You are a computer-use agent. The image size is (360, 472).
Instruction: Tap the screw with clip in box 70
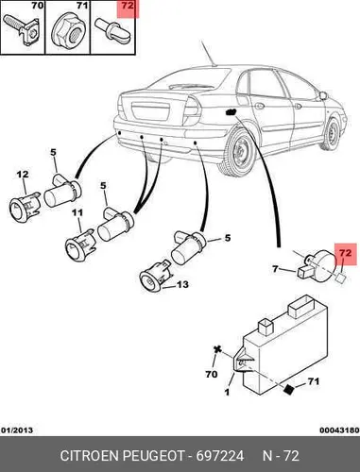coord(22,29)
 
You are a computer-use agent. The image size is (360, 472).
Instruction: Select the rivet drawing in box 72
coord(112,28)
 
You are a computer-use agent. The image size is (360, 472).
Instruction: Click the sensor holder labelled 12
coord(25,207)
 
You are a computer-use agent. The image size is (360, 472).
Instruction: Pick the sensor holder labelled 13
coord(156,276)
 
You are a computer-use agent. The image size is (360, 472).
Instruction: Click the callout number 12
coord(23,174)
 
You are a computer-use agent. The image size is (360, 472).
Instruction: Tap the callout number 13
coord(182,284)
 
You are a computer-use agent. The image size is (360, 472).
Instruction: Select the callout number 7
coord(276,269)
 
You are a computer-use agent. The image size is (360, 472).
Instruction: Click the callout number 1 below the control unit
coord(227,392)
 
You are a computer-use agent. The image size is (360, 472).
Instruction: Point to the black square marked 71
coord(289,389)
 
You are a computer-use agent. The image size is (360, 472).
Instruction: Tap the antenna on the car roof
coord(208,53)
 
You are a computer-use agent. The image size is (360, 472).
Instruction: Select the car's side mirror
coord(323,94)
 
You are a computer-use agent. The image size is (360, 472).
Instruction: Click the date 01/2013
coord(17,430)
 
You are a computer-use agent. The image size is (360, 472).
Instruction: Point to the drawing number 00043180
coord(339,430)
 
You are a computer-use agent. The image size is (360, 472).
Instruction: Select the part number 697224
coord(220,456)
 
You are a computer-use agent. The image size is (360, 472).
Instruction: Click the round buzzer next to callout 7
coord(318,265)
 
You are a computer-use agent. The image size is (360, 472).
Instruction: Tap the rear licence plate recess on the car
coord(149,112)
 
